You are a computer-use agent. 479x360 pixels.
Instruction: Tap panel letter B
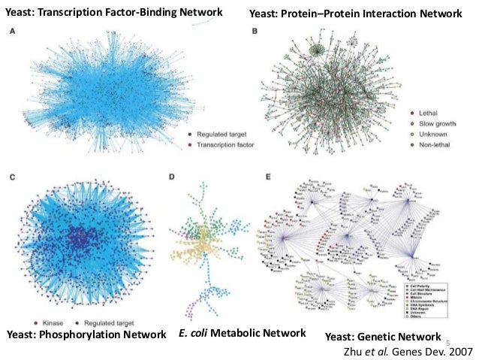[255, 32]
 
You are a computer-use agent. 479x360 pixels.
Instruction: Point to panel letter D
[172, 177]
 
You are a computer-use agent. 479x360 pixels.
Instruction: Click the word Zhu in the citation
[352, 350]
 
